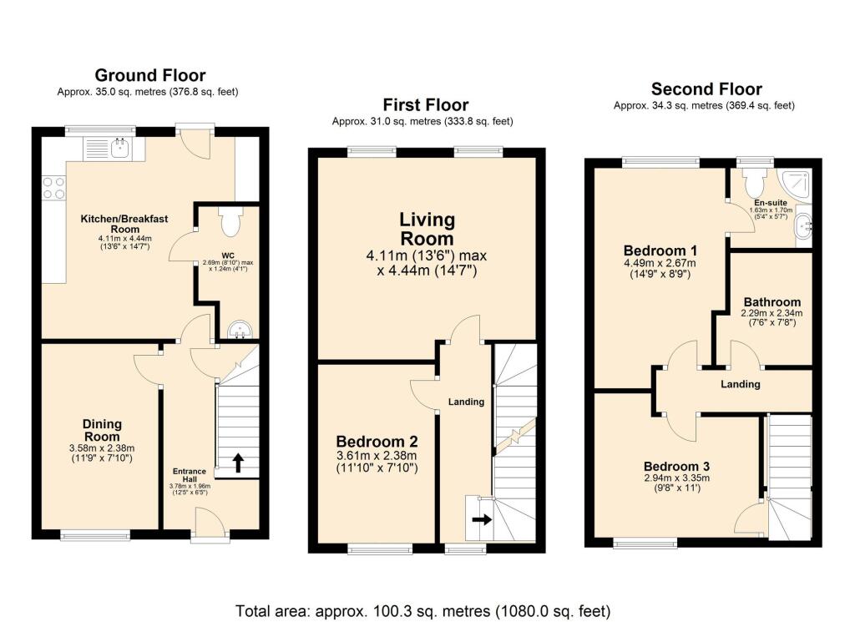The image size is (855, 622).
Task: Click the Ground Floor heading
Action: [x=149, y=76]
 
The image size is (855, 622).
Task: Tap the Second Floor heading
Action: [x=706, y=89]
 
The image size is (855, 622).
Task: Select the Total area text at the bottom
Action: [x=423, y=609]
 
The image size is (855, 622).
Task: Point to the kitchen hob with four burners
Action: [x=54, y=188]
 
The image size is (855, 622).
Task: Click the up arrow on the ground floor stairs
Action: [x=237, y=462]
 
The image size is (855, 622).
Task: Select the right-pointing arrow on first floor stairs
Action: [x=482, y=518]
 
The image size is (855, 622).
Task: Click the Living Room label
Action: [x=427, y=229]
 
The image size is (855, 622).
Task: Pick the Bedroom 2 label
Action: [x=377, y=442]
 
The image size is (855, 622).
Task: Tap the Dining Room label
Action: [x=101, y=430]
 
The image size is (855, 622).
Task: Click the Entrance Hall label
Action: [x=189, y=476]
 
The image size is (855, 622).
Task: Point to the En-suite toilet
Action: [x=756, y=180]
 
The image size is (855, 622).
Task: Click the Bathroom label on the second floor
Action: [x=771, y=301]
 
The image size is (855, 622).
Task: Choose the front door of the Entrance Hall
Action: [x=208, y=526]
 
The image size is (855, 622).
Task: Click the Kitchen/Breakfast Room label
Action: [x=124, y=224]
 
